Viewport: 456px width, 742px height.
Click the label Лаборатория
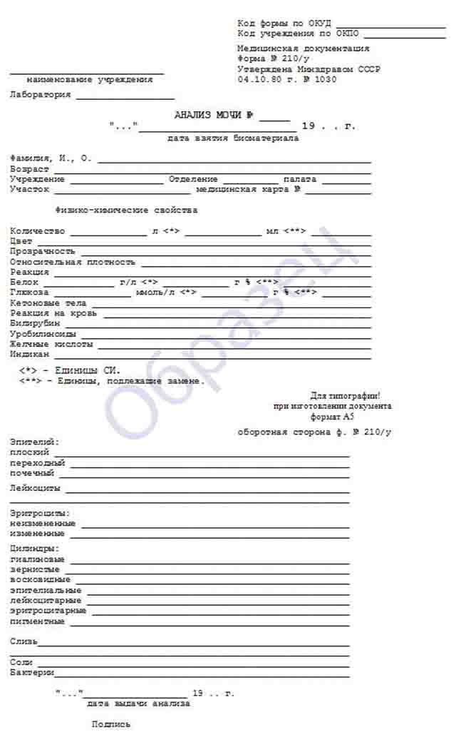41,95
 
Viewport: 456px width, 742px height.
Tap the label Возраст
29,169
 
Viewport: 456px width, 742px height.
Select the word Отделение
193,179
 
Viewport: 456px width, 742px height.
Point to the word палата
299,179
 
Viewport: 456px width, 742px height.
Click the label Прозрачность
43,251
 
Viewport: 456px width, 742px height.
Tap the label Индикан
30,354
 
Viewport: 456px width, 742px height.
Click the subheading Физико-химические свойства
126,210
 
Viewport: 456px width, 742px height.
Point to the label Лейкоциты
35,489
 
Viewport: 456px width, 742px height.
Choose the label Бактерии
32,672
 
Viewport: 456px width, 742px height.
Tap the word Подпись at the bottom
111,724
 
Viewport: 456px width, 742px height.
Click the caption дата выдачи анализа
139,703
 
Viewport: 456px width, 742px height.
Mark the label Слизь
24,641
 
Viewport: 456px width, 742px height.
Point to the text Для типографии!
351,395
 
